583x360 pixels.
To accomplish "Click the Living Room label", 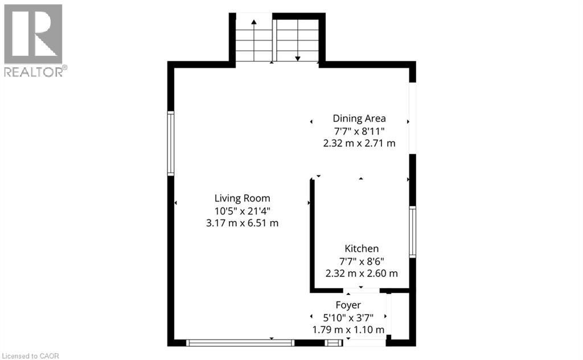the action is click(x=242, y=199).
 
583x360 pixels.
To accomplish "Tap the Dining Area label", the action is click(x=359, y=118).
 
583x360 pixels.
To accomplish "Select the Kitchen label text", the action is click(x=362, y=248).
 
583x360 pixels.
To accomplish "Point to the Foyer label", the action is click(x=348, y=305).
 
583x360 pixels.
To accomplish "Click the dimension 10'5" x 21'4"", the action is click(x=242, y=211).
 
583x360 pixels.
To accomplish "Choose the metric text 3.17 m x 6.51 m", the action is click(x=242, y=223).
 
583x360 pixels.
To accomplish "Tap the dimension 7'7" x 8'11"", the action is click(x=359, y=131).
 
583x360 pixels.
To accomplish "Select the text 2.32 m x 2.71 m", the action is click(x=359, y=143).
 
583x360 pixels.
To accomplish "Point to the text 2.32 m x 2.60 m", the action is click(x=362, y=273).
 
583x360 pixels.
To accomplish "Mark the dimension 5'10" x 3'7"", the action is click(x=348, y=318).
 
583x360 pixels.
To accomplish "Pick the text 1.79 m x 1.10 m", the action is click(x=348, y=330).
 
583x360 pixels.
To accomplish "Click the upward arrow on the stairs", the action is click(x=254, y=40).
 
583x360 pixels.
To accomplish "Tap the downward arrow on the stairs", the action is click(x=297, y=40).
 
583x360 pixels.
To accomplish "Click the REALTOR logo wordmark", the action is click(x=36, y=71).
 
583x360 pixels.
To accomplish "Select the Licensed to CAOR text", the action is click(x=30, y=356).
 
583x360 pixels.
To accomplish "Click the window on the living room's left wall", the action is click(x=171, y=143).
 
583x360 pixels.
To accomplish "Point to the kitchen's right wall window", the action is click(x=412, y=232).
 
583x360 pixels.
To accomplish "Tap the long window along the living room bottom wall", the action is click(x=240, y=343).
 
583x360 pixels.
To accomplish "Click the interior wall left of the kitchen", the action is click(x=313, y=235).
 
